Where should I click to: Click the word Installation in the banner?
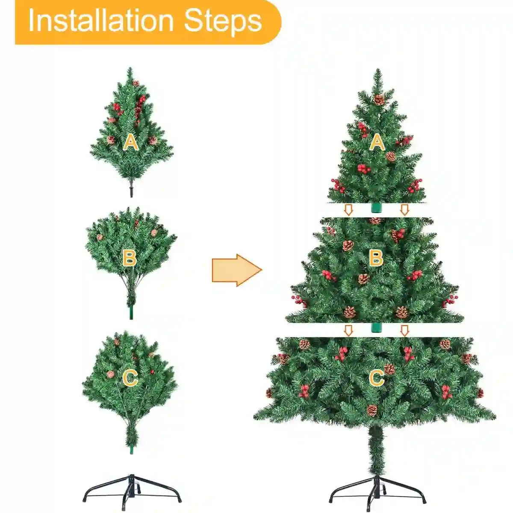point(101,21)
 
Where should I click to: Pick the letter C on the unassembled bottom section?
point(130,378)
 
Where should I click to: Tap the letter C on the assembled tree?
point(377,378)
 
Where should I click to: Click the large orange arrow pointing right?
point(237,270)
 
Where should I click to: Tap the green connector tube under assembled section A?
point(377,207)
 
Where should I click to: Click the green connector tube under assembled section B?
point(377,327)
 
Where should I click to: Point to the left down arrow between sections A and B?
point(348,210)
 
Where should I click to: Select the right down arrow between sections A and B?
point(405,210)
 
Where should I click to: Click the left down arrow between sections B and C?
point(348,330)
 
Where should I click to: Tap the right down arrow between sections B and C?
point(405,330)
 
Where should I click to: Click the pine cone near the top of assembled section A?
point(379,100)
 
